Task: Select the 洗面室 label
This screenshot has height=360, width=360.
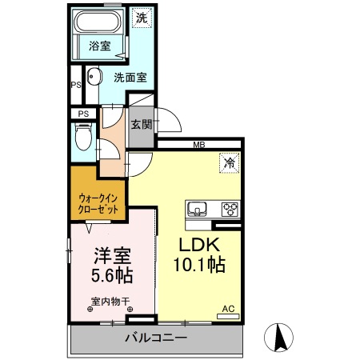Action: [129, 78]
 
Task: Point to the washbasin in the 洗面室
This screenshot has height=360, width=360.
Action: [93, 78]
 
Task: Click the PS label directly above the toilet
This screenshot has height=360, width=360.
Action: [83, 114]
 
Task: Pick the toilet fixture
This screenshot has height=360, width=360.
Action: [82, 140]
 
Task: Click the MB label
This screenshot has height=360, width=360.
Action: [198, 145]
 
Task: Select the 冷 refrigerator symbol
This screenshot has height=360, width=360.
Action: [230, 163]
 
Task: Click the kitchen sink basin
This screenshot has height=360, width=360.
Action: [198, 210]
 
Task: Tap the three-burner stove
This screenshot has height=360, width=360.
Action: [230, 210]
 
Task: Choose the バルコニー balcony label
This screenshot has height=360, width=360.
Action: [155, 338]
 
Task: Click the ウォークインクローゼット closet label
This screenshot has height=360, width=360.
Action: [98, 201]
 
